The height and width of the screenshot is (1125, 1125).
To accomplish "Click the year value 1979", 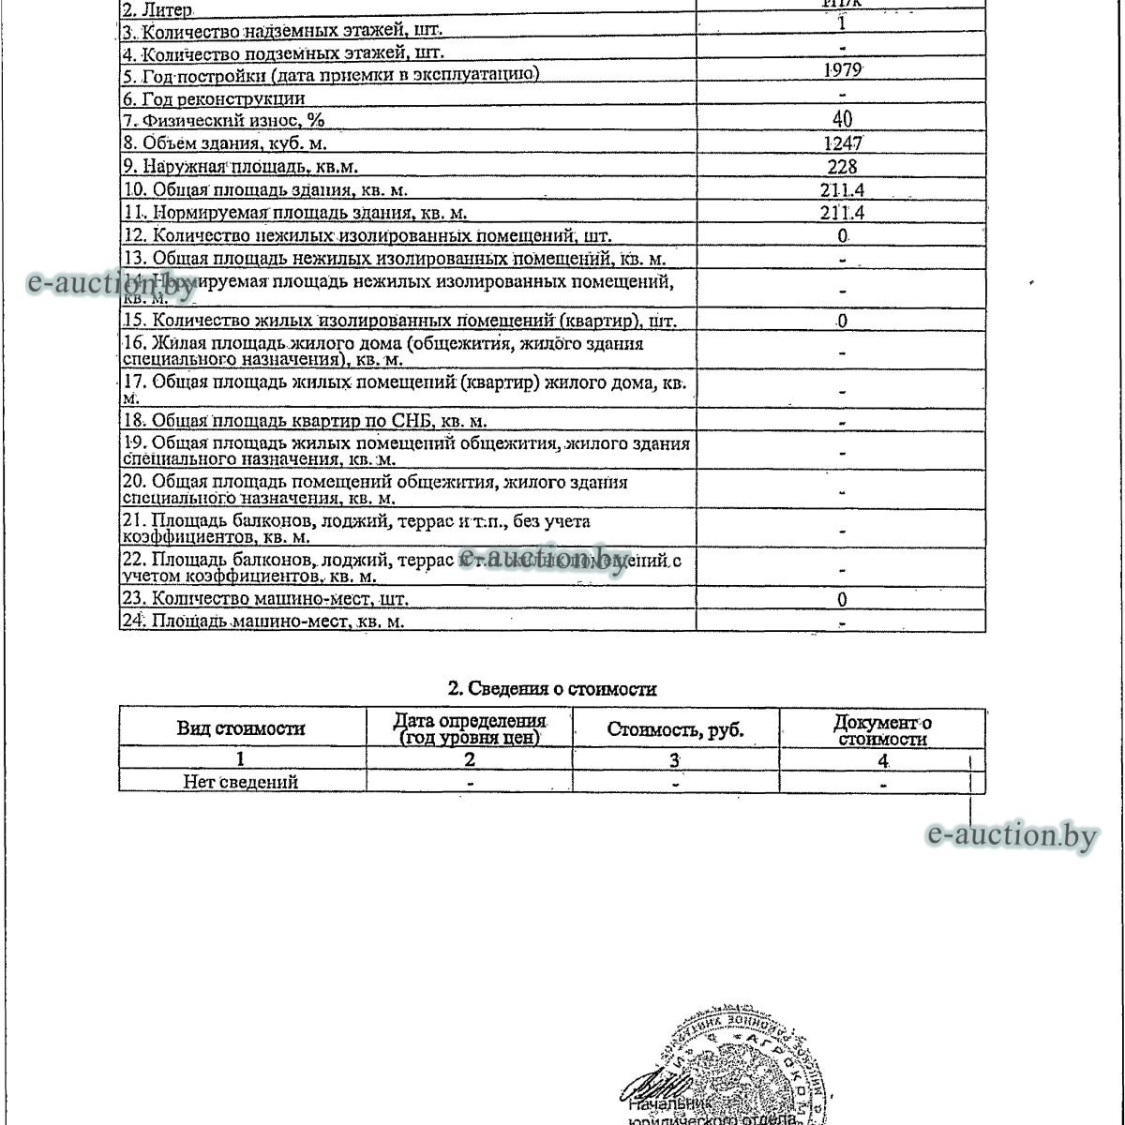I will [x=842, y=70].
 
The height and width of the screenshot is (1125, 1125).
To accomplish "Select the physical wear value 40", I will [x=842, y=119].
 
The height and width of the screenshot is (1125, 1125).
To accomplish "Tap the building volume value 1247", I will [x=842, y=143].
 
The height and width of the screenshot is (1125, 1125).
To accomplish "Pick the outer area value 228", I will [x=842, y=167].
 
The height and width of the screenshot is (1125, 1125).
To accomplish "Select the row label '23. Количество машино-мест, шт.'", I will [x=266, y=598].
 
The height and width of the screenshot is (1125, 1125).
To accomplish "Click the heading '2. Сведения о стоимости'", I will [x=552, y=689].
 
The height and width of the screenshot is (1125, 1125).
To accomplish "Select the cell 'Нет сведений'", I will [x=241, y=782].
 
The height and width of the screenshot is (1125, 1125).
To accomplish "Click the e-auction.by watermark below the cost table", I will [x=1011, y=834].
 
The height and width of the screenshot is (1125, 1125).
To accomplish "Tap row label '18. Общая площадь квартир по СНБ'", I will [x=306, y=421].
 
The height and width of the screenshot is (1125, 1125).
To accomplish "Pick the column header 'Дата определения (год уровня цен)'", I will [x=469, y=729].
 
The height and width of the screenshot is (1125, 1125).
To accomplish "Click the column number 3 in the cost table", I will [x=674, y=760].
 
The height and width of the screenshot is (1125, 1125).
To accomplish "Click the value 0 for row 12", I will [x=842, y=236].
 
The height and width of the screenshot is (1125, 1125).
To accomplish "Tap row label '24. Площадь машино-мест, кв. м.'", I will [x=264, y=621].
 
